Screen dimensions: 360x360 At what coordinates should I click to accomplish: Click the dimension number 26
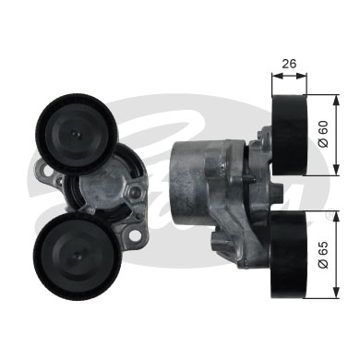tap(290, 65)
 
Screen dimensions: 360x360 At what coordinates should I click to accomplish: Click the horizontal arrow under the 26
tap(290, 78)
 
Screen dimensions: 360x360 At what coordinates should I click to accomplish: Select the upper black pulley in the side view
tap(291, 135)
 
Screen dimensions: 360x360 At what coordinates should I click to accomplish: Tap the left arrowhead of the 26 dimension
tap(274, 78)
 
